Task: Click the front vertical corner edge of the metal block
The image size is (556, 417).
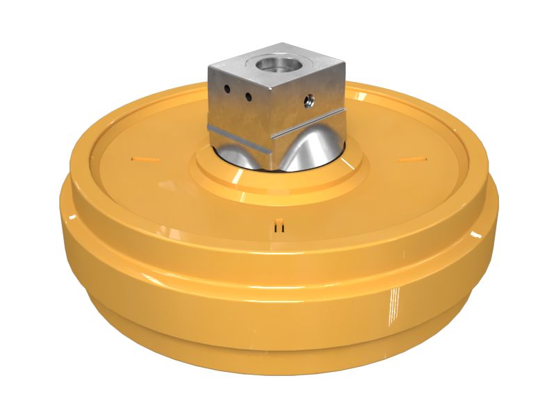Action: coord(268,122)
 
